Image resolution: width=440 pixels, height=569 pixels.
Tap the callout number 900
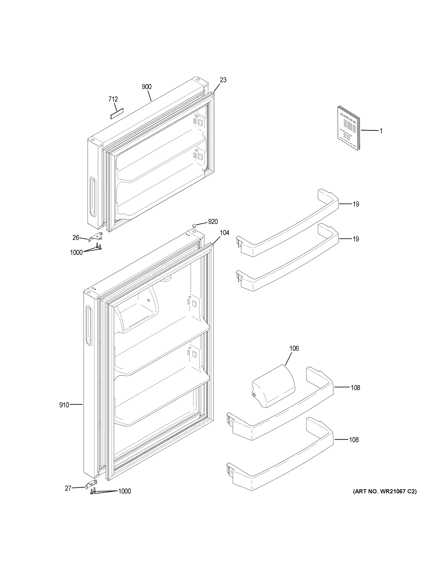pos(146,87)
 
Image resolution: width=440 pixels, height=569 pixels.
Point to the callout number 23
pos(223,80)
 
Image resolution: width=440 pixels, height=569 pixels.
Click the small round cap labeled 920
pos(194,225)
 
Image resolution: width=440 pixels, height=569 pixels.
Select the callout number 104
pos(224,233)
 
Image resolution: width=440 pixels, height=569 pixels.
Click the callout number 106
pos(294,348)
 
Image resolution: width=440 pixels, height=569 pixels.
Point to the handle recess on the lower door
pos(89,326)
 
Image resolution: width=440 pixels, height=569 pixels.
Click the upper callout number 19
pos(356,204)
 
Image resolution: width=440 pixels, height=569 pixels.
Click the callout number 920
pos(213,222)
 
